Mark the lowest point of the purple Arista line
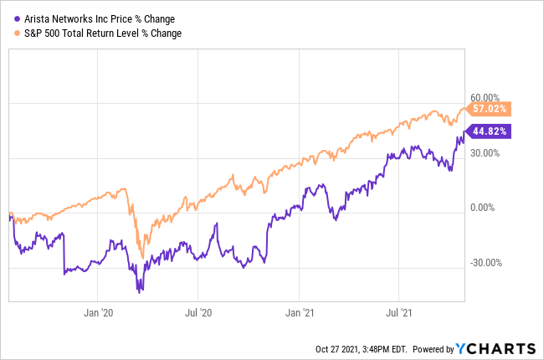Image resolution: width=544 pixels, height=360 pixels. tap(140, 291)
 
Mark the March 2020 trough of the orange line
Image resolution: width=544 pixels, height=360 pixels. tap(143, 257)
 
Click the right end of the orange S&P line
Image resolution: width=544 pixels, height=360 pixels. tap(467, 109)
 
